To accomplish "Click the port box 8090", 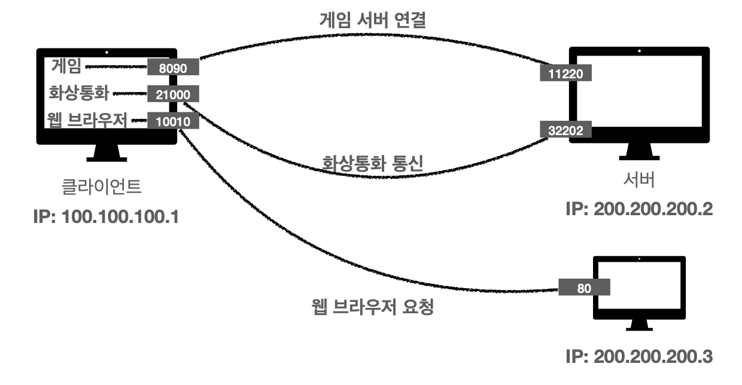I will pyautogui.click(x=174, y=68).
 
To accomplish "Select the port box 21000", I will pyautogui.click(x=174, y=94).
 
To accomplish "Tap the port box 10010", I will pyautogui.click(x=174, y=121).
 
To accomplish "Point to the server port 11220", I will pyautogui.click(x=565, y=73).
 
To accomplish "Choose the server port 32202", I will pyautogui.click(x=565, y=129).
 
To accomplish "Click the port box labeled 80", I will pyautogui.click(x=584, y=288).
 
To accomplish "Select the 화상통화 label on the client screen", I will pyautogui.click(x=80, y=93).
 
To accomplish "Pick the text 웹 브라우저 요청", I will pyautogui.click(x=368, y=308).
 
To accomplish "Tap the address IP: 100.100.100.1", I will pyautogui.click(x=106, y=214).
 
